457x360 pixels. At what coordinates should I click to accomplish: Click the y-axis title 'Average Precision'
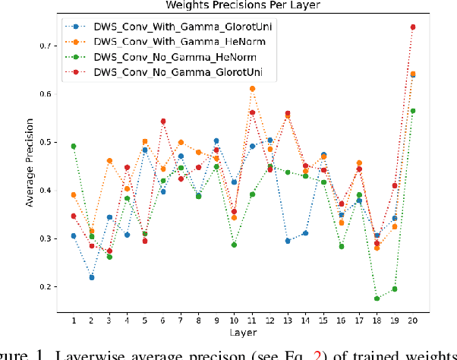pyautogui.click(x=28, y=166)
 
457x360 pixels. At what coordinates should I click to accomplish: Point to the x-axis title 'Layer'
pyautogui.click(x=243, y=332)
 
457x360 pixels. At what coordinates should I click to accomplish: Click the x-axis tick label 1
pyautogui.click(x=74, y=321)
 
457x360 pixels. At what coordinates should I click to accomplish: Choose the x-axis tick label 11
pyautogui.click(x=252, y=321)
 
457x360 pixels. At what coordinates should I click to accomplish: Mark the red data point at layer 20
pyautogui.click(x=412, y=27)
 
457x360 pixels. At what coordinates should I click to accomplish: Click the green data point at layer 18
pyautogui.click(x=377, y=298)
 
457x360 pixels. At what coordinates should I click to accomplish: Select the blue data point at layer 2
pyautogui.click(x=91, y=277)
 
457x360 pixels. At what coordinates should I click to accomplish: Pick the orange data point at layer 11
pyautogui.click(x=252, y=89)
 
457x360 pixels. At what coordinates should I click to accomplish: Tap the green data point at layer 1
pyautogui.click(x=74, y=147)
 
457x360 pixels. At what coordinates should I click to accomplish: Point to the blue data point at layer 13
pyautogui.click(x=288, y=241)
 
